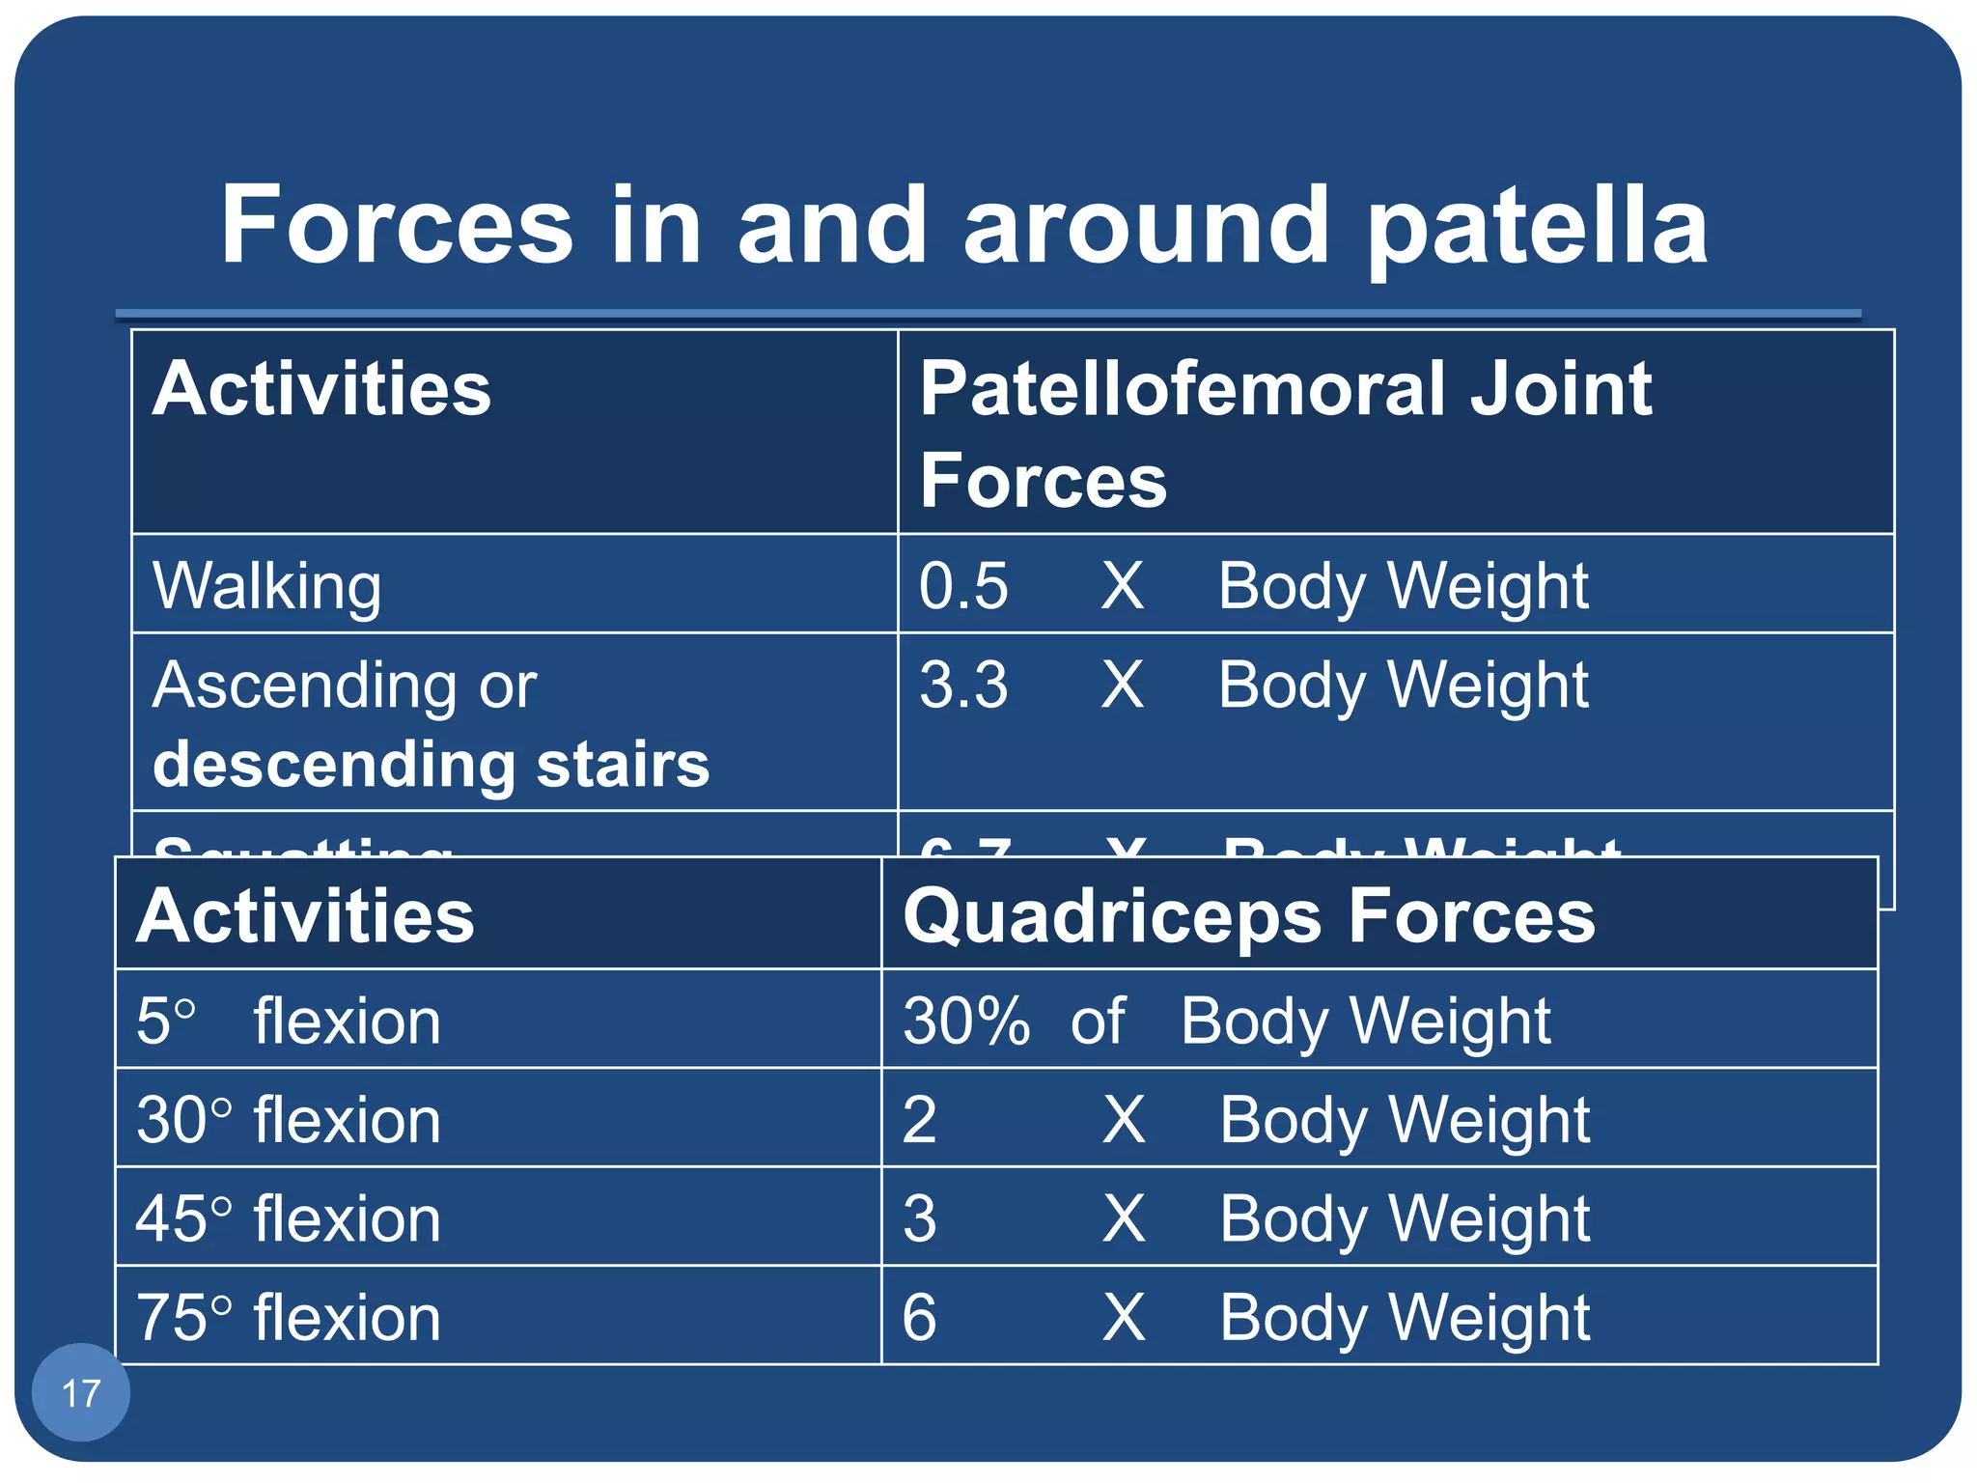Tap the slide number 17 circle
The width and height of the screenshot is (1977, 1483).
(x=81, y=1392)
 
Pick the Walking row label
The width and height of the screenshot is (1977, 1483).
(x=267, y=586)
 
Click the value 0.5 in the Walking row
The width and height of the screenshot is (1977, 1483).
(x=962, y=586)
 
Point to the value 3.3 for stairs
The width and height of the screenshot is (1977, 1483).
(x=962, y=685)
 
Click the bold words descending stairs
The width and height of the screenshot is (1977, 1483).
(x=431, y=765)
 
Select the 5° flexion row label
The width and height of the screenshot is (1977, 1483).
(x=288, y=1021)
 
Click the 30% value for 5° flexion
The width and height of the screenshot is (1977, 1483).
(x=965, y=1021)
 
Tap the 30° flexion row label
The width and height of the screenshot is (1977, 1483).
(x=288, y=1120)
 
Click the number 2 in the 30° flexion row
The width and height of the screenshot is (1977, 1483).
(x=919, y=1120)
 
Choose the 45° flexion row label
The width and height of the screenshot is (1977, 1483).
(x=288, y=1218)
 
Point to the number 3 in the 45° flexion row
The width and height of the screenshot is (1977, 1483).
(x=919, y=1218)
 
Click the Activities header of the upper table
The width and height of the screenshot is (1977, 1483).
(x=321, y=389)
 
